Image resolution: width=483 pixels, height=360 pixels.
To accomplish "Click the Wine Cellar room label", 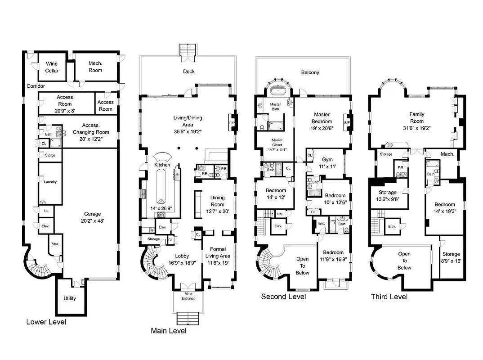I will (x=52, y=67).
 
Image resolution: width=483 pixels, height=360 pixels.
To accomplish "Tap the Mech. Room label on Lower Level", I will (x=95, y=67).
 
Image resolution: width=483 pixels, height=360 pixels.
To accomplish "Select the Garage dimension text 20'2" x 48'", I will (x=92, y=221).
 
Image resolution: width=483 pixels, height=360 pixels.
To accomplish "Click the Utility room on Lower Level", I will (x=70, y=298).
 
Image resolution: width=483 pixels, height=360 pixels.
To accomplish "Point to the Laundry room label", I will (x=50, y=182).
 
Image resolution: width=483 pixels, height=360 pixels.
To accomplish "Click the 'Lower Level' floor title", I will (x=46, y=322).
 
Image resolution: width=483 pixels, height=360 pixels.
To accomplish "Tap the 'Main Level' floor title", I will (x=168, y=331).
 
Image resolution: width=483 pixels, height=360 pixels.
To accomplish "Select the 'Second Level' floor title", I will (x=283, y=297).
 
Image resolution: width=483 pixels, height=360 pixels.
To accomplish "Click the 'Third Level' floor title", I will (x=389, y=297).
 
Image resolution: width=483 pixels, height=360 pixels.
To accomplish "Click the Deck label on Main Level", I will (x=189, y=72).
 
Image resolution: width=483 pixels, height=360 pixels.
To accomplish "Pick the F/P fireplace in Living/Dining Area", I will (x=233, y=122).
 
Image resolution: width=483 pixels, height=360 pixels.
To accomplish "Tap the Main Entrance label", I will (x=188, y=296).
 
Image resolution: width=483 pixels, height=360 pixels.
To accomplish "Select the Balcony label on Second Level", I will (x=310, y=72).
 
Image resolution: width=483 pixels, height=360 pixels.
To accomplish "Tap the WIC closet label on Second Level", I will (x=321, y=223).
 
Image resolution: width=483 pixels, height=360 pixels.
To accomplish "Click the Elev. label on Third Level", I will (x=392, y=226).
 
